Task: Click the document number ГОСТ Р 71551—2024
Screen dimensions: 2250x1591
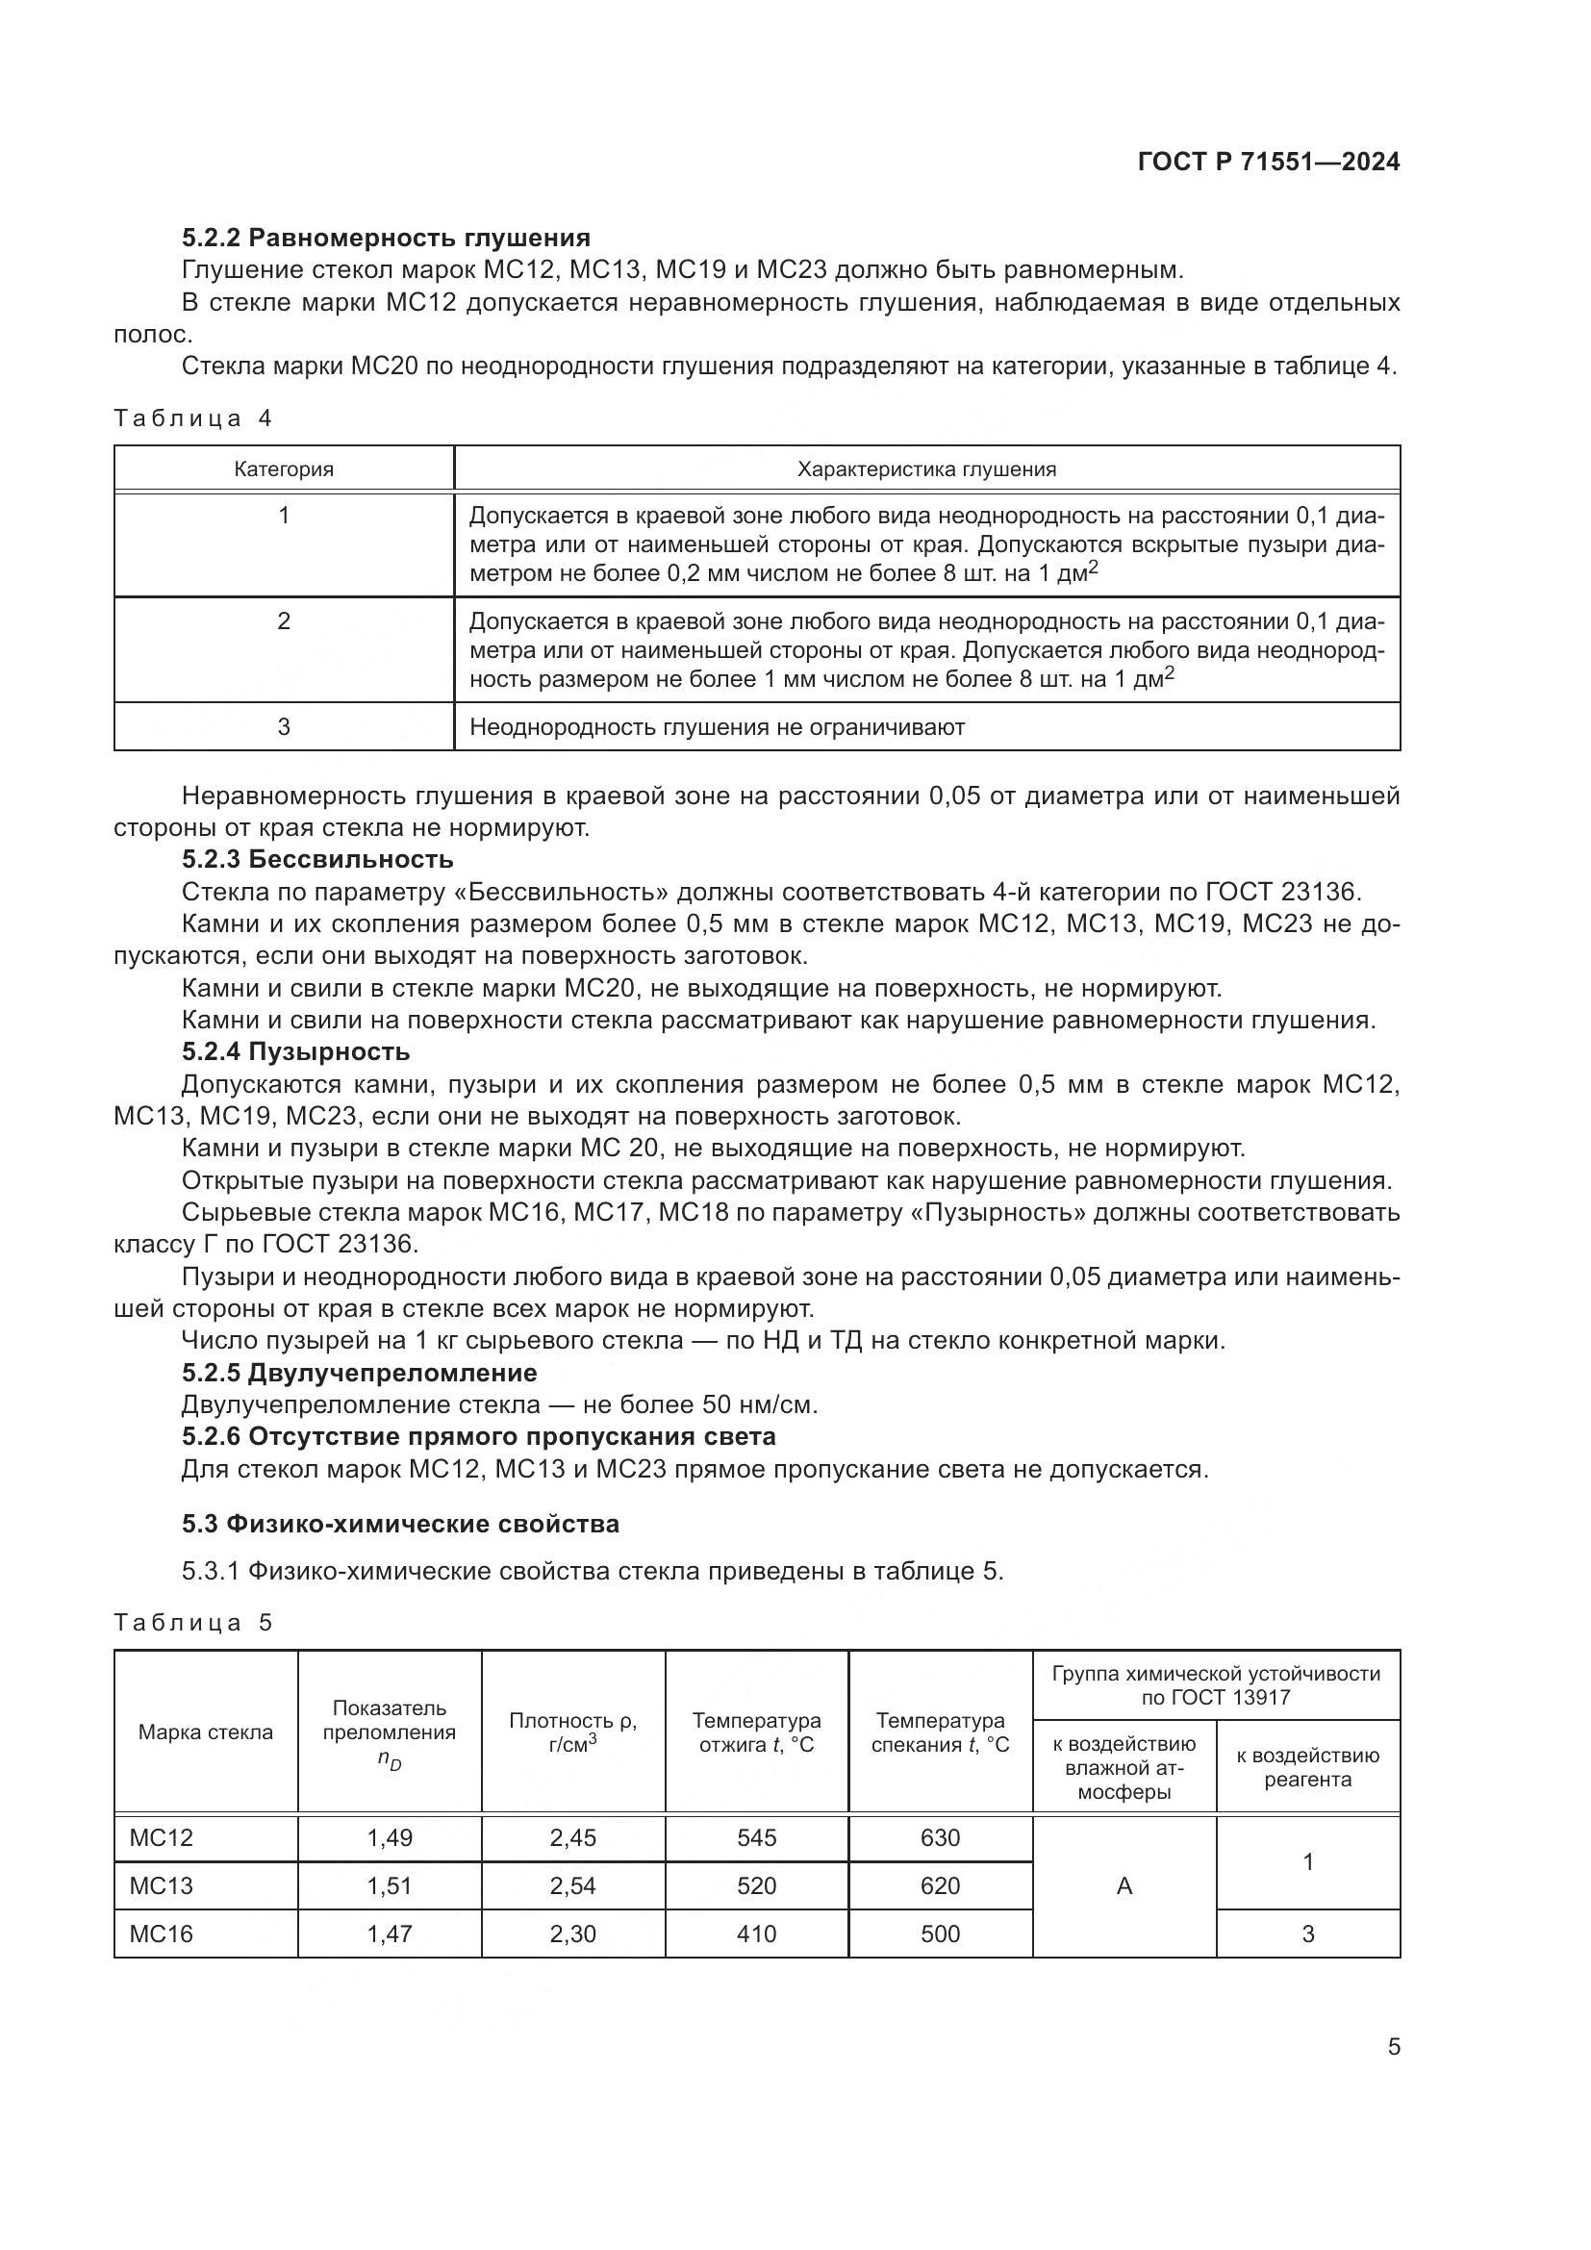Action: [x=1268, y=163]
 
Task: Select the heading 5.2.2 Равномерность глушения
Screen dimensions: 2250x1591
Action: [x=386, y=239]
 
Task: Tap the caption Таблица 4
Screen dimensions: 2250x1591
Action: [x=193, y=418]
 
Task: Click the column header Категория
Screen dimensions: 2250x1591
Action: [x=283, y=469]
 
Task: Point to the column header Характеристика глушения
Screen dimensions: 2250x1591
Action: [x=925, y=469]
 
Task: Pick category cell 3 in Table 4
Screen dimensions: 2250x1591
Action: [x=283, y=726]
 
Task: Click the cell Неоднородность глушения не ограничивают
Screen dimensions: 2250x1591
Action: [x=718, y=727]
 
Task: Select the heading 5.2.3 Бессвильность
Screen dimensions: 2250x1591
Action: [x=317, y=859]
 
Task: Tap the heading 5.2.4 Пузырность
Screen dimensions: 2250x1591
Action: [x=296, y=1051]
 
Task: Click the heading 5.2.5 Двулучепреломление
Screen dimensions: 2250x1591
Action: [x=360, y=1372]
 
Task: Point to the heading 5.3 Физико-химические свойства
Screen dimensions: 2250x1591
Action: [x=401, y=1524]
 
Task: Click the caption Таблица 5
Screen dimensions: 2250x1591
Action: [x=193, y=1622]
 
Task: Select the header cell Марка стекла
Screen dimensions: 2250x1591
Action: [x=206, y=1732]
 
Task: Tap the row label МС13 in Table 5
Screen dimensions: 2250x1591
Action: [x=162, y=1885]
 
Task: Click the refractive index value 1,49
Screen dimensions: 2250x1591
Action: [x=390, y=1837]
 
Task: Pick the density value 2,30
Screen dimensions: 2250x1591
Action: [x=573, y=1934]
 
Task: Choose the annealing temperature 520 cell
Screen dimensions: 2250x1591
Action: [x=756, y=1885]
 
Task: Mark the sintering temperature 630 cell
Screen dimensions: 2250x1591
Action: [x=940, y=1837]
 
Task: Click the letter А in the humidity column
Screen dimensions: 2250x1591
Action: [x=1124, y=1885]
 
